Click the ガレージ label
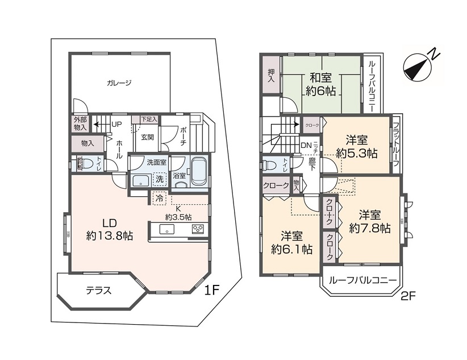click(119, 83)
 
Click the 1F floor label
click(212, 291)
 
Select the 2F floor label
click(408, 296)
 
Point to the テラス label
click(98, 290)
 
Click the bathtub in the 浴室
click(198, 171)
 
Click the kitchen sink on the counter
click(166, 229)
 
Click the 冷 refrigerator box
click(159, 198)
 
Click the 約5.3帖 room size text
click(356, 152)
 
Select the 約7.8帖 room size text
click(370, 228)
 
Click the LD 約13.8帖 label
click(110, 228)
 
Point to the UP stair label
click(116, 123)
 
